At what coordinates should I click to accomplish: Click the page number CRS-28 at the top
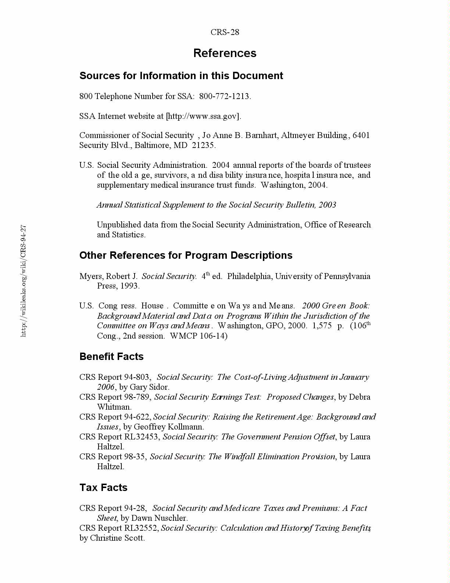coord(225,32)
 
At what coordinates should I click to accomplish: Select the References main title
coord(225,53)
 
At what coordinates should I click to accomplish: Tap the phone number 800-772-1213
coord(225,96)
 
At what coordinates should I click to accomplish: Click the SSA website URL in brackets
coord(204,116)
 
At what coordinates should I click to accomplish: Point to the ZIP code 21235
coord(203,145)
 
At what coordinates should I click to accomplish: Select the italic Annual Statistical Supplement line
coord(216,205)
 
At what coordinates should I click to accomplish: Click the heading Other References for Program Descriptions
coord(186,255)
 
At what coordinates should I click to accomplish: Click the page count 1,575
coord(322,326)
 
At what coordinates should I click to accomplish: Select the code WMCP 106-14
coord(199,336)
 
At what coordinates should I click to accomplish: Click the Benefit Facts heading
coord(111,356)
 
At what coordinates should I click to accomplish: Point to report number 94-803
coord(137,377)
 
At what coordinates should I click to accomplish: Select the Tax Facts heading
coord(103,487)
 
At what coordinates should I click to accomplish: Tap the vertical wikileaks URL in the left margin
coord(23,280)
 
